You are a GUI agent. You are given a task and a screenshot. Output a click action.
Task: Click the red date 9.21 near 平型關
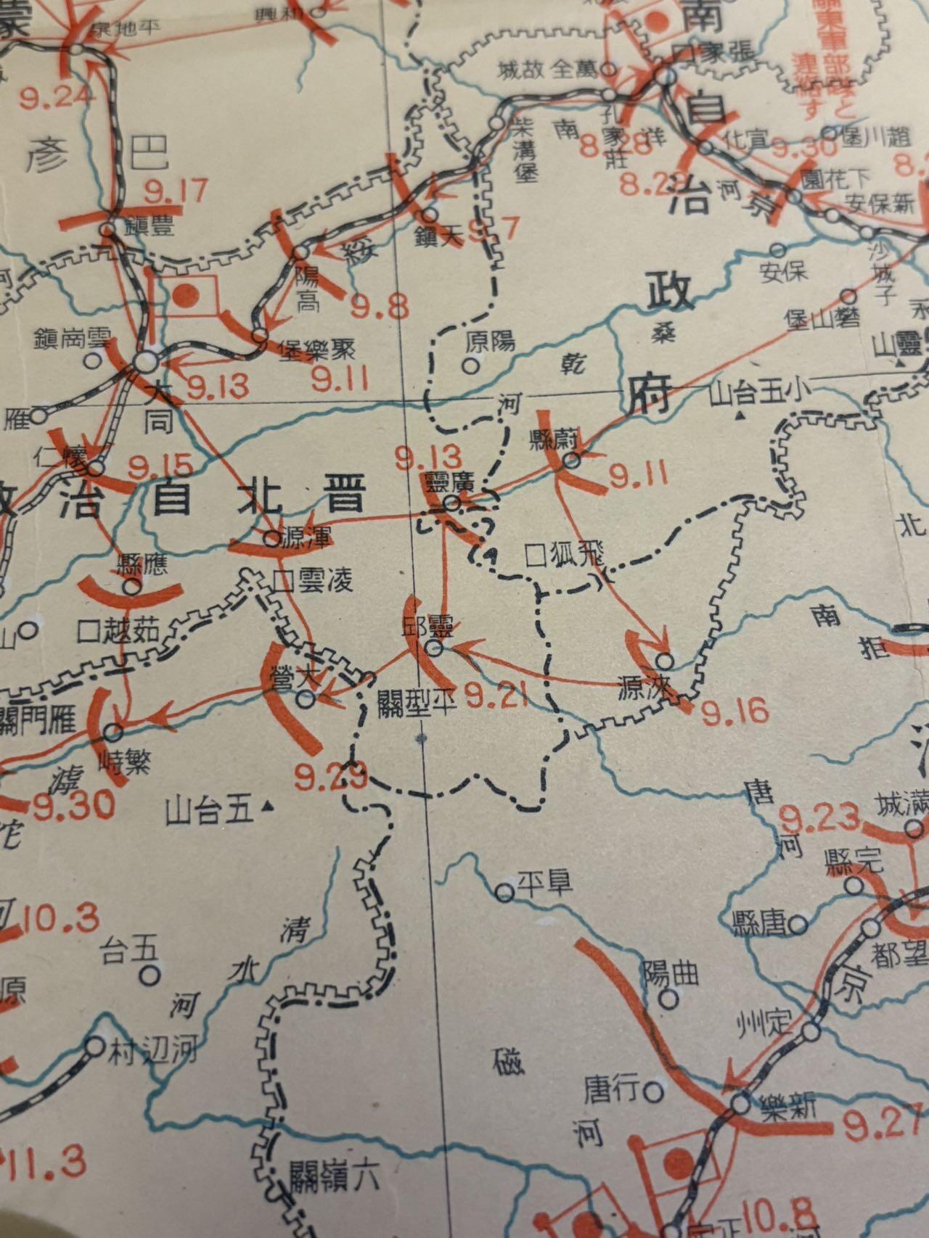coord(495,698)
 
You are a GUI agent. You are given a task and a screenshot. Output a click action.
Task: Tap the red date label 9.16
coord(734,712)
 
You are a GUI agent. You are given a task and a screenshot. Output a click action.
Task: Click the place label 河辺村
coord(152,1049)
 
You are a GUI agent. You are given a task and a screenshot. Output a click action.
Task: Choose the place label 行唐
coord(613,1089)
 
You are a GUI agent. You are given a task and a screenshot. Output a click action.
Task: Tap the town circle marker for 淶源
coord(664,661)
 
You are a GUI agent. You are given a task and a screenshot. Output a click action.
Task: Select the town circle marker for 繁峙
coord(114,731)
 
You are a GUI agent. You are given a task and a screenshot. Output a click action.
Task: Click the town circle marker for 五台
coord(150,976)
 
